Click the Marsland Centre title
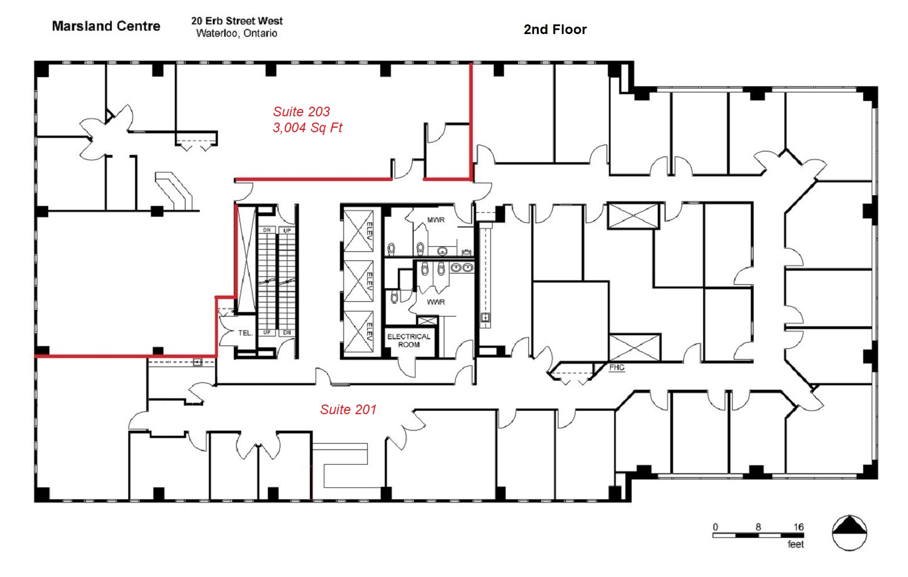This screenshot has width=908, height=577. pyautogui.click(x=106, y=26)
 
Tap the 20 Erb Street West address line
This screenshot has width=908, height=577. pyautogui.click(x=237, y=20)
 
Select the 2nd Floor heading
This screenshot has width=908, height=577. pyautogui.click(x=555, y=30)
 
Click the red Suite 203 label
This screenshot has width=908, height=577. pyautogui.click(x=301, y=111)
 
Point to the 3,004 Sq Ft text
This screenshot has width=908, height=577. pyautogui.click(x=307, y=128)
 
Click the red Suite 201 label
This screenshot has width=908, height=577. pyautogui.click(x=348, y=410)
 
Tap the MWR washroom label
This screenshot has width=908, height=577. pyautogui.click(x=436, y=220)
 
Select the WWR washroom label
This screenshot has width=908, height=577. pyautogui.click(x=436, y=302)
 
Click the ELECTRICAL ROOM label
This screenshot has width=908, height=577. pyautogui.click(x=409, y=341)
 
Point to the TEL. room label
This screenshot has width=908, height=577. pyautogui.click(x=245, y=333)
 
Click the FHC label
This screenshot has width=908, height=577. pyautogui.click(x=616, y=368)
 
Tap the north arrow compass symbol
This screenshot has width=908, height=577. pyautogui.click(x=849, y=533)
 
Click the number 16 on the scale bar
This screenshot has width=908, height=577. pyautogui.click(x=798, y=527)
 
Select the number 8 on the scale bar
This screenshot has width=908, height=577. pyautogui.click(x=758, y=527)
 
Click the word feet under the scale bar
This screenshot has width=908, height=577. pyautogui.click(x=795, y=544)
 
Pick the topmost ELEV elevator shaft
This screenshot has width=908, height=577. pyautogui.click(x=358, y=230)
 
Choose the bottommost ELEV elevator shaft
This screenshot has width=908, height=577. pyautogui.click(x=358, y=331)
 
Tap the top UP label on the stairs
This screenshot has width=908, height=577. pyautogui.click(x=287, y=230)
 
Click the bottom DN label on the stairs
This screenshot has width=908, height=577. pyautogui.click(x=287, y=332)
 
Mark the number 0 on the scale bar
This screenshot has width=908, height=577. pyautogui.click(x=716, y=527)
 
